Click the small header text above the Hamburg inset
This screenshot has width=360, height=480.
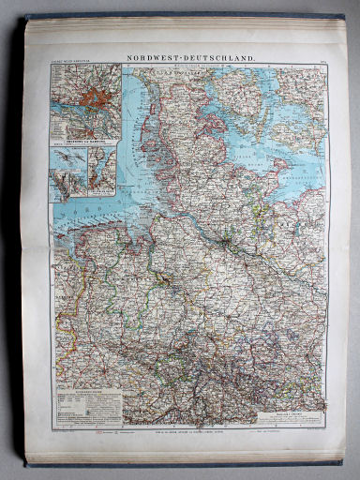pos(75,61)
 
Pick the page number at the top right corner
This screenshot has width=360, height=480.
pos(321,61)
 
